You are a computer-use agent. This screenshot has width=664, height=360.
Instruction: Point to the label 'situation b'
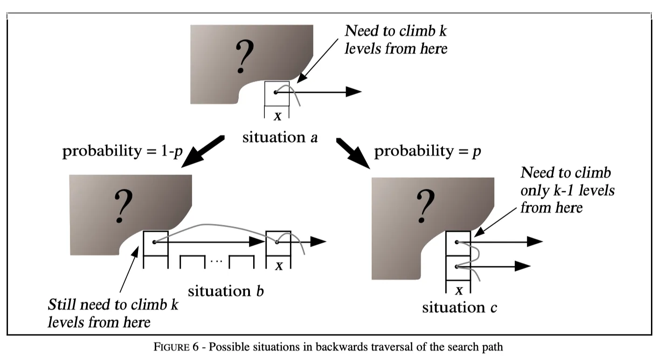tap(226, 291)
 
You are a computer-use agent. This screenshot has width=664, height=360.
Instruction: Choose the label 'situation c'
tap(459, 308)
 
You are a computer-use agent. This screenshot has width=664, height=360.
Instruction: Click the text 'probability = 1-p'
tap(122, 152)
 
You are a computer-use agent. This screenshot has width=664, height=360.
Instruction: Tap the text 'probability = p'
tap(428, 152)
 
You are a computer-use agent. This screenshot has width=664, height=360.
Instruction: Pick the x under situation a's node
tap(277, 115)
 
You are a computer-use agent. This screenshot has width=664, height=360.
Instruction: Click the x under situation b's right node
tap(279, 265)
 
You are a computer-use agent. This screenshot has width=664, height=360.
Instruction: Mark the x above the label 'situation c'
tap(459, 290)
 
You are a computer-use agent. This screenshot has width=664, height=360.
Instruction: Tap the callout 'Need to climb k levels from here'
tap(395, 40)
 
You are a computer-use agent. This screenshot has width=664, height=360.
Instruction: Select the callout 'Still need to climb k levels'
tap(113, 313)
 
